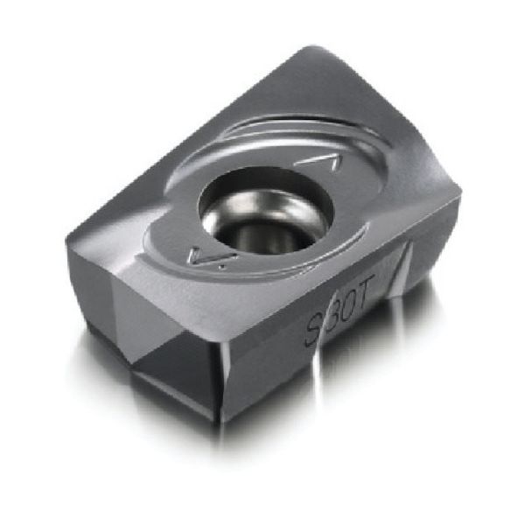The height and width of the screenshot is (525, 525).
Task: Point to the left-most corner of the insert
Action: [66, 234]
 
